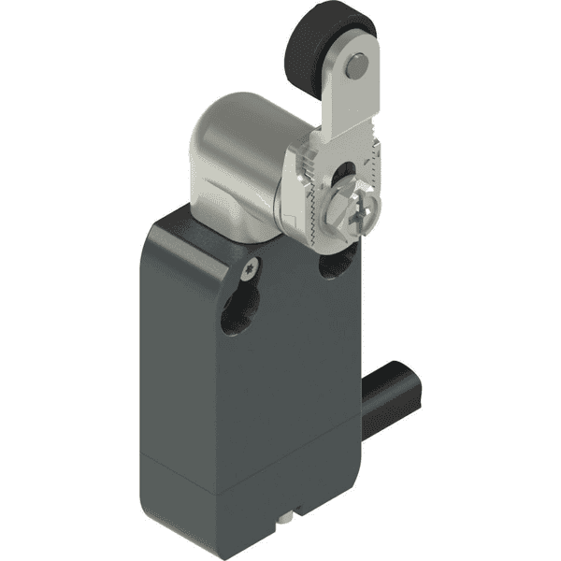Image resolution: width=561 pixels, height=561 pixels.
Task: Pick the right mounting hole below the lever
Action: click(333, 266)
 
